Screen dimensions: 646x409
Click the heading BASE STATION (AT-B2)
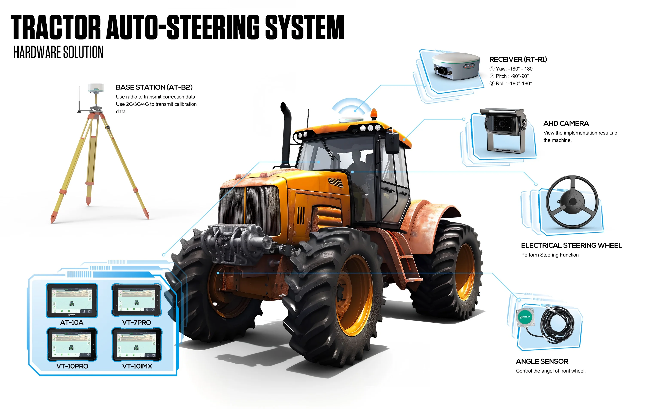154,87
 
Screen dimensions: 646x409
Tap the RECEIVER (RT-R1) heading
518,59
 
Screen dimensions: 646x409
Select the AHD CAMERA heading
566,123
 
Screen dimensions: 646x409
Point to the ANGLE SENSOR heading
542,361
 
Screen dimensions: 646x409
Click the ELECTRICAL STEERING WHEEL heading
571,245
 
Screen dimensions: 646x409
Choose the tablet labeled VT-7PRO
137,300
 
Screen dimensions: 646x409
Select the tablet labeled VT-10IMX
137,344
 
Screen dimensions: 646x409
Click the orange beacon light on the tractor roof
374,114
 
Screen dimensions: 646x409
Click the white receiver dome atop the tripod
96,87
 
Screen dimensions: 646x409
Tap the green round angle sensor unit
525,317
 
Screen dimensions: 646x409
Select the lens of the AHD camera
502,124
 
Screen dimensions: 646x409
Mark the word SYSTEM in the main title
305,27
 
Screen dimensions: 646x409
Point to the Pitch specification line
509,76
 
